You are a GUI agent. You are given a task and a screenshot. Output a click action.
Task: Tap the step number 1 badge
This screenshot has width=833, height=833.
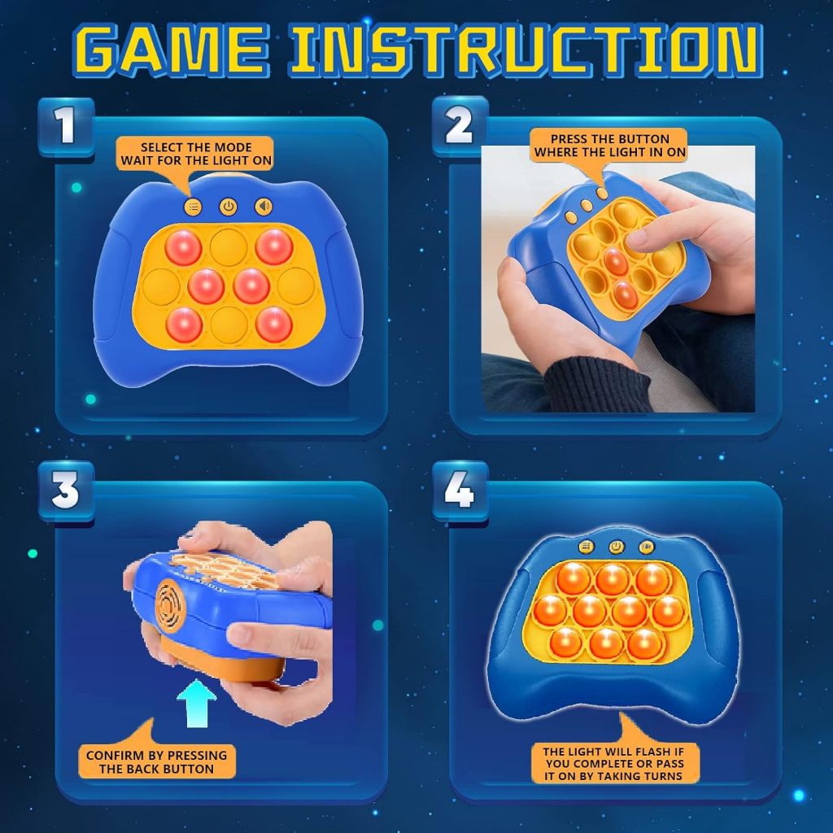pos(67,126)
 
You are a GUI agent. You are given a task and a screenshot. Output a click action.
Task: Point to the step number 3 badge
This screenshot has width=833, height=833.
pos(67,490)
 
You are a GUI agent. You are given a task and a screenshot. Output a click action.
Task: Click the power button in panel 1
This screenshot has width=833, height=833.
pos(229,207)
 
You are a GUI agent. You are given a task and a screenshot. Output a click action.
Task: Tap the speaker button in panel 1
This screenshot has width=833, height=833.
pos(264,206)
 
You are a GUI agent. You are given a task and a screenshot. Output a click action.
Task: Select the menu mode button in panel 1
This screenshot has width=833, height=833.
pos(193,207)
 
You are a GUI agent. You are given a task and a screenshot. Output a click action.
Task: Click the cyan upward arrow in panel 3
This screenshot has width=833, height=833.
pos(197,704)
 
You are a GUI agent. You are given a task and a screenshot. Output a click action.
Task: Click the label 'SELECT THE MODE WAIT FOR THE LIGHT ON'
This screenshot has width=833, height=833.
pos(195,154)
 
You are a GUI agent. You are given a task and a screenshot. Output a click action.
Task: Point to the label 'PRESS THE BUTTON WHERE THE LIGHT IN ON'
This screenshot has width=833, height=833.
pos(609,145)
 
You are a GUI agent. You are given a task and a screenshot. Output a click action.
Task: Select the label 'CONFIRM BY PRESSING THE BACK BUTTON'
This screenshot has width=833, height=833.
pos(157,761)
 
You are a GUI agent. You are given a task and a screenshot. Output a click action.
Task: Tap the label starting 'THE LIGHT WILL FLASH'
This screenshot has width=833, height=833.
pos(614,763)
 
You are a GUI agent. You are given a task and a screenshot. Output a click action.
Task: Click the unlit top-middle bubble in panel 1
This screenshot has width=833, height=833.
pos(229,247)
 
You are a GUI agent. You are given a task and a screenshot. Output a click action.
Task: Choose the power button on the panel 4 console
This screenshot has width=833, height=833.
pos(617,546)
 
